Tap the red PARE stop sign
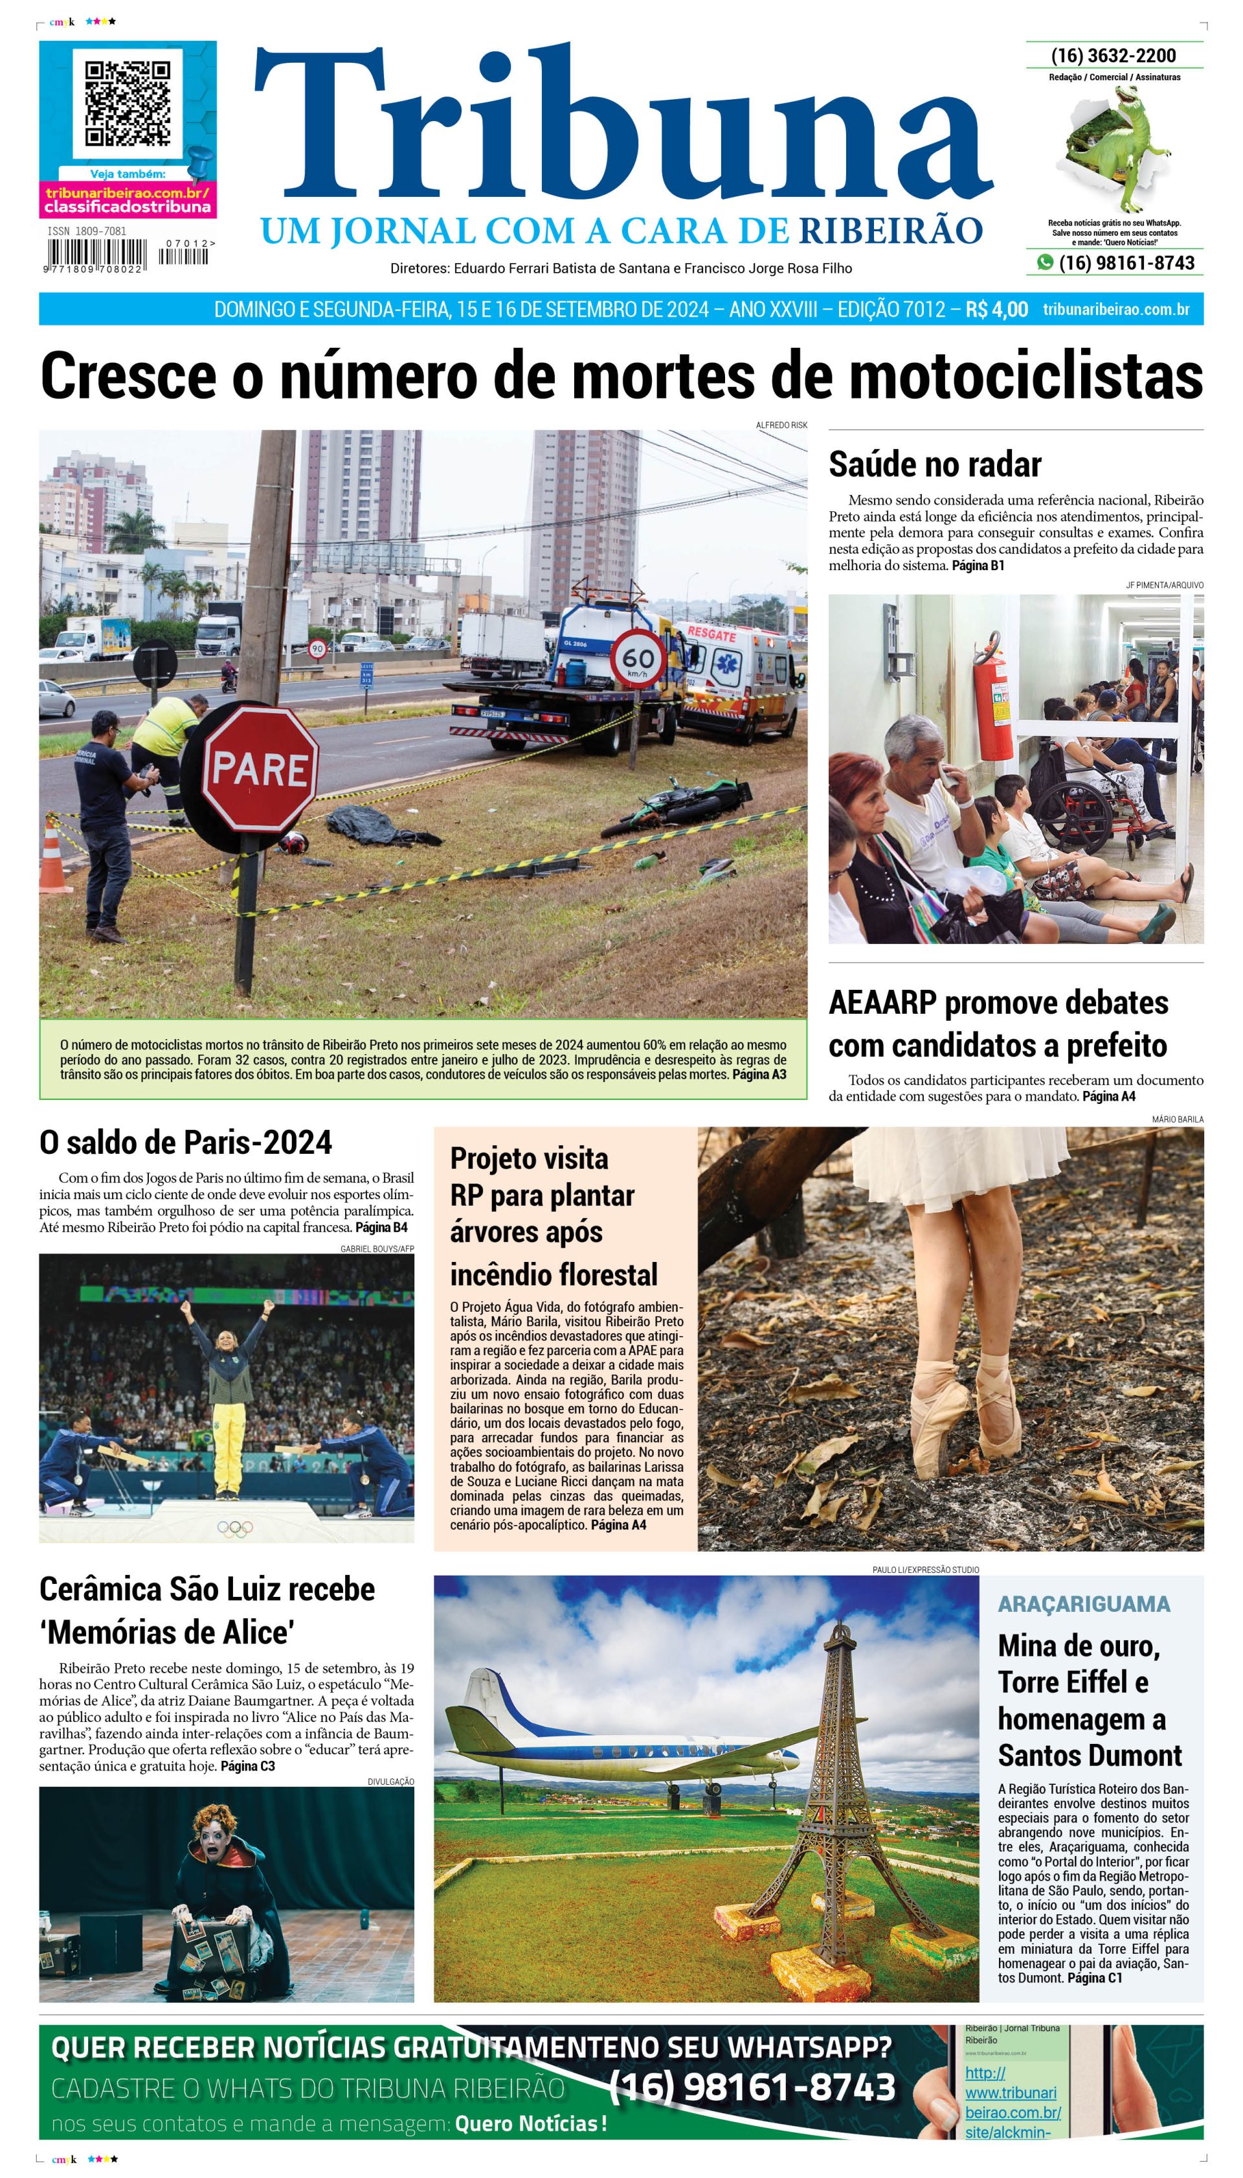(260, 768)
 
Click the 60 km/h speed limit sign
(638, 659)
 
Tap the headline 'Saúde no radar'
(934, 464)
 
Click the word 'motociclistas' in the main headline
(1024, 376)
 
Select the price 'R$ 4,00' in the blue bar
(996, 309)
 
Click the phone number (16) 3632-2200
(1114, 56)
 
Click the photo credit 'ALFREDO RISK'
(780, 424)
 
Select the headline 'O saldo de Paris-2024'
(185, 1143)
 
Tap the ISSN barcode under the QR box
(96, 255)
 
